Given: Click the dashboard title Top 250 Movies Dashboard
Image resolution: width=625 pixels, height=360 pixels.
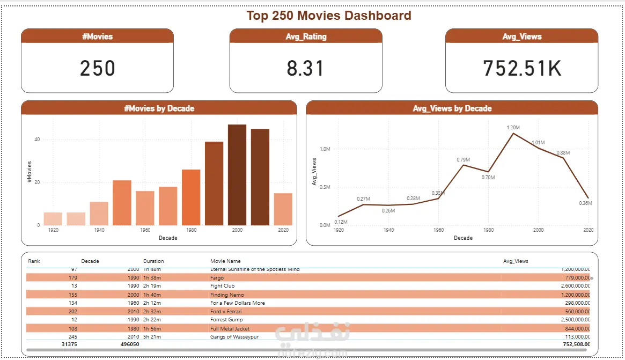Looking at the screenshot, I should (328, 16).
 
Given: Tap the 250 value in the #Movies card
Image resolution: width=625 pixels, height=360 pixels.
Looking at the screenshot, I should (98, 69).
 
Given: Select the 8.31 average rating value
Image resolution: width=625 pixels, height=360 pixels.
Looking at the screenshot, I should (305, 69).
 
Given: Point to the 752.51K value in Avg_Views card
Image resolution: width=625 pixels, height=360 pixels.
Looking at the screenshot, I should (521, 69).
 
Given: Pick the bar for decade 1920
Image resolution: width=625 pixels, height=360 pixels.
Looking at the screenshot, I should (53, 219).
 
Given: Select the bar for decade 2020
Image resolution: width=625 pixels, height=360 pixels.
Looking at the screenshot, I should (283, 209).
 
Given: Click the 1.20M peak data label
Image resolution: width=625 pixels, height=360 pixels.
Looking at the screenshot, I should (513, 127).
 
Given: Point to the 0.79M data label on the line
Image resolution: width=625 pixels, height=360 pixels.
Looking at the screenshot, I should (463, 159).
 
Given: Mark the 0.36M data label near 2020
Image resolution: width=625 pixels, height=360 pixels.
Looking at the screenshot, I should (585, 203).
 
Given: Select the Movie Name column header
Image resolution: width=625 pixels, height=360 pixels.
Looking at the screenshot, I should (225, 261).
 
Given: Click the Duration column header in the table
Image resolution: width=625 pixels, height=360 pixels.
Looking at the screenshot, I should (153, 261).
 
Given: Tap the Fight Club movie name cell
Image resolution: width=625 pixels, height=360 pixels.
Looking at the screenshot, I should (222, 286).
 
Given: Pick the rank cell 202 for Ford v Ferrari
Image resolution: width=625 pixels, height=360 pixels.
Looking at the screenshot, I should (73, 312).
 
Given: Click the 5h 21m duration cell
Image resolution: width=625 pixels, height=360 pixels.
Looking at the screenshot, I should (152, 337).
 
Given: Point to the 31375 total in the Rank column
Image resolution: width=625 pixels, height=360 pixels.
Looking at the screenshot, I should (69, 344).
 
